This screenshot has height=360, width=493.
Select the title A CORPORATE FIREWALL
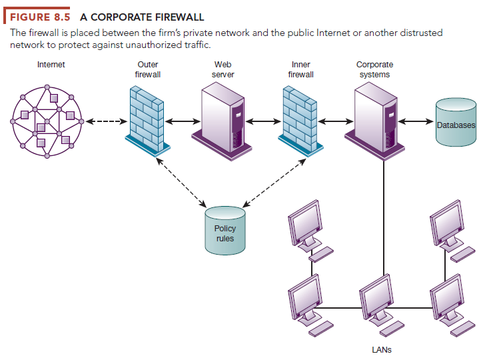click(x=142, y=16)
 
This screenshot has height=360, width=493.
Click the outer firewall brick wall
click(x=147, y=117)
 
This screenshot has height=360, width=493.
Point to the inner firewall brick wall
click(x=298, y=117)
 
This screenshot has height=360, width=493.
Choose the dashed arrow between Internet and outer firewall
click(x=104, y=122)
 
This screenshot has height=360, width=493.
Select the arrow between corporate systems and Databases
click(x=416, y=122)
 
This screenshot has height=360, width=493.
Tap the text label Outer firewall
click(x=147, y=69)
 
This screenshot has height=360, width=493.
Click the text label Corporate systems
click(x=374, y=69)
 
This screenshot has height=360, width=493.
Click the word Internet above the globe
click(x=51, y=65)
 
